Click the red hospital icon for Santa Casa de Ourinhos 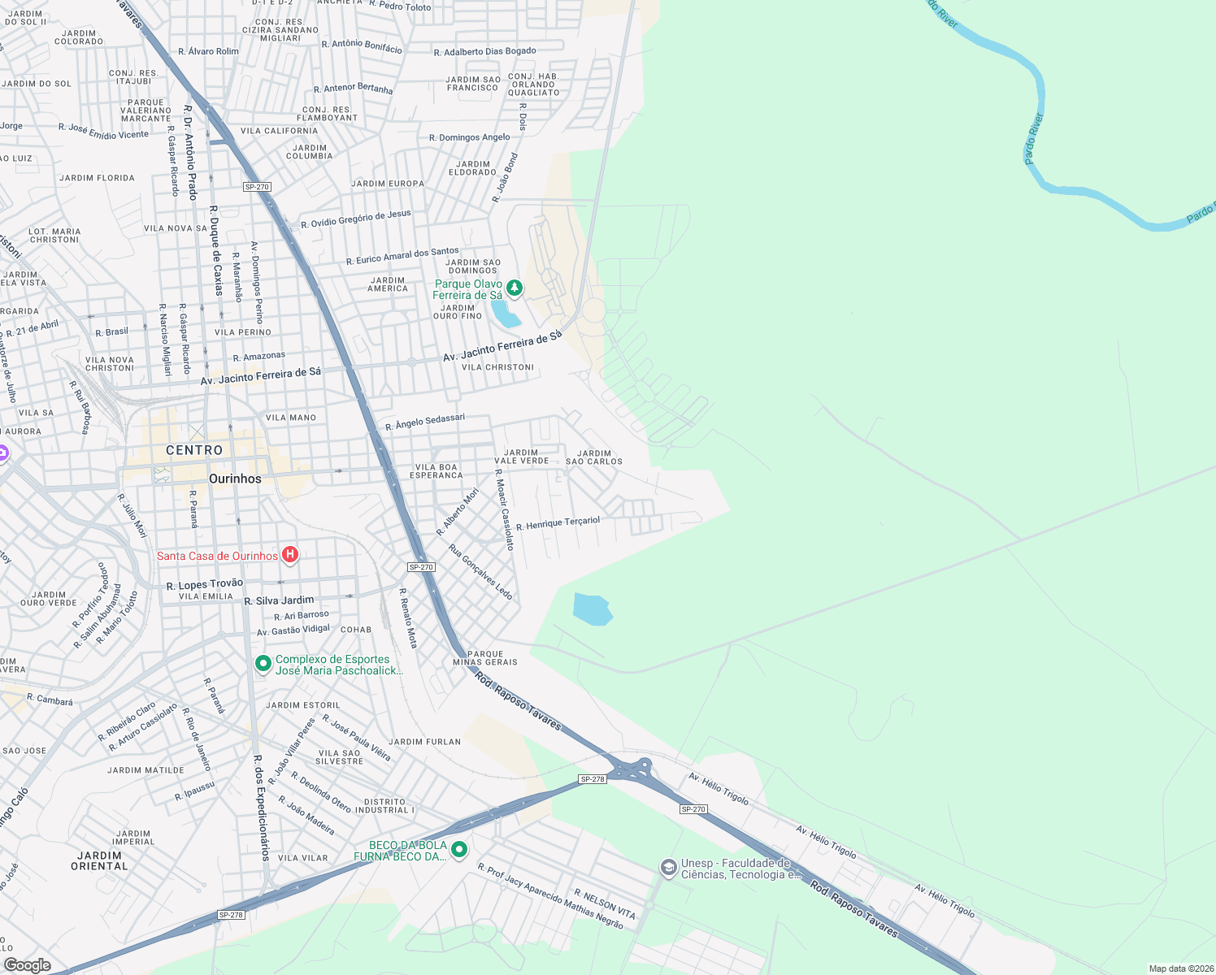[x=290, y=555]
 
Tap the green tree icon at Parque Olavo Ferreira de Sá [x=514, y=288]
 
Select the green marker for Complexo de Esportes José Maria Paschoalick [x=263, y=664]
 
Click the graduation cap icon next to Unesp [x=668, y=869]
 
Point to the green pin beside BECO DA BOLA [x=459, y=850]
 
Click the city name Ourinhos [x=235, y=479]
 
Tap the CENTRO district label [x=194, y=450]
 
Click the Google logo [x=27, y=964]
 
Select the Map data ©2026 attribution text [x=1179, y=968]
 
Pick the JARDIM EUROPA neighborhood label [x=388, y=184]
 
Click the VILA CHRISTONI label [x=497, y=367]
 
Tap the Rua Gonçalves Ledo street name [x=481, y=572]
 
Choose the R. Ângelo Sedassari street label [x=425, y=422]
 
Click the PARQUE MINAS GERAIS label [x=485, y=658]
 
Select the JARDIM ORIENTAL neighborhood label [x=99, y=860]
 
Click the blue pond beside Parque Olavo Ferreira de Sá [x=506, y=314]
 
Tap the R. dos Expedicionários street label [x=261, y=808]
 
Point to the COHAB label [x=356, y=630]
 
